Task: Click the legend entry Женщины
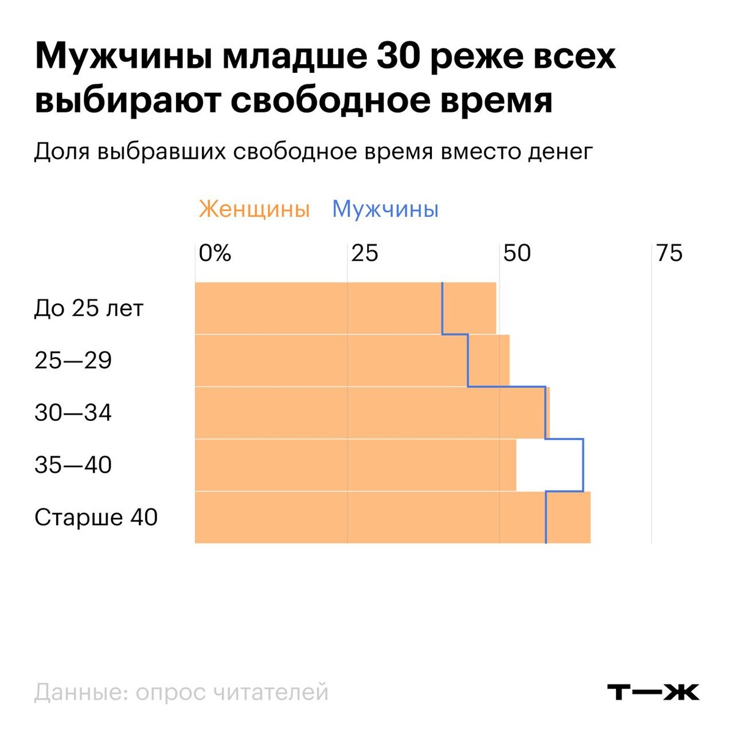point(254,209)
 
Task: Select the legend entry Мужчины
point(385,209)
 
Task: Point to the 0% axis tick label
point(215,253)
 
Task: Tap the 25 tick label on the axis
point(365,253)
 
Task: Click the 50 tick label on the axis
point(517,253)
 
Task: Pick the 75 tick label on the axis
point(669,253)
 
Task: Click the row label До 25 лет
point(89,308)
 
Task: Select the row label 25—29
point(73,360)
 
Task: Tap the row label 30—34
point(73,413)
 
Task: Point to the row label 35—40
point(73,465)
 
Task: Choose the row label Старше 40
point(96,517)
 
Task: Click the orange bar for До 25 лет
point(318,308)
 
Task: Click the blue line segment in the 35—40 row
point(584,465)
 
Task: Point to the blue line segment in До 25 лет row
point(442,308)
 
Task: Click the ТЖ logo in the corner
point(653,692)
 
